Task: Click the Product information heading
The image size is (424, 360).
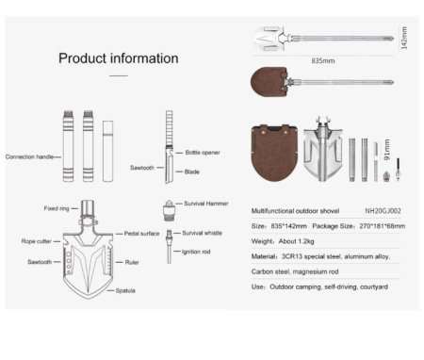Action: point(119,58)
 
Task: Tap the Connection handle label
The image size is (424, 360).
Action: point(29,156)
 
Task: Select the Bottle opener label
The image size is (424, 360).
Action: point(203,153)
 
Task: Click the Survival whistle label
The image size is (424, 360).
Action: point(203,233)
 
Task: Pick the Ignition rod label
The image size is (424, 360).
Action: point(196,252)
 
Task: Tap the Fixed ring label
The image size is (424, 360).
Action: point(57,208)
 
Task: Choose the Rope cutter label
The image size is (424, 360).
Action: point(37,241)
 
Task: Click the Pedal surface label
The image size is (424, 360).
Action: point(141,234)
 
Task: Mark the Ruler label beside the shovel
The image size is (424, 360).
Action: point(132,262)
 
